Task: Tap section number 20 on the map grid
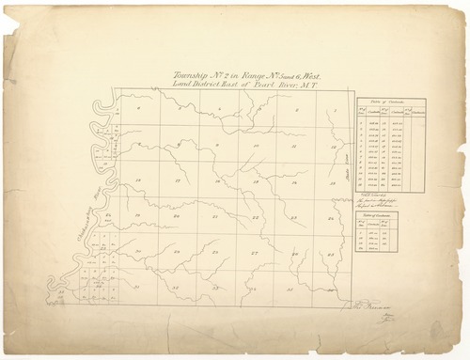tap(177, 217)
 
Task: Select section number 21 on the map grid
tap(216, 217)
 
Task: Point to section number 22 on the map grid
tap(255, 217)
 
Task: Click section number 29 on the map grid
tap(177, 252)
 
